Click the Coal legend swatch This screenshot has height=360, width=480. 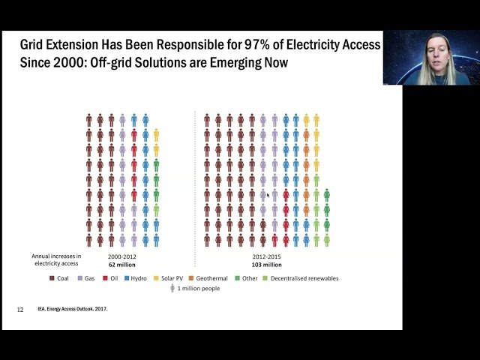tap(52, 278)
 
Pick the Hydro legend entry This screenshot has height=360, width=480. tap(134, 278)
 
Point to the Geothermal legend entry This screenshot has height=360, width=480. tap(208, 278)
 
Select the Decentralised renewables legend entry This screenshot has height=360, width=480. tap(300, 278)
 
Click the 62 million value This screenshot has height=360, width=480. tap(121, 265)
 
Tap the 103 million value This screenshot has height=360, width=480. tap(266, 265)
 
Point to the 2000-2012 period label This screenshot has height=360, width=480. tap(121, 257)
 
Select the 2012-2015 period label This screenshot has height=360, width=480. tap(266, 257)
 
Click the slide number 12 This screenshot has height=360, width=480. tap(20, 309)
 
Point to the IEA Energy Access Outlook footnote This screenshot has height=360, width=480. tap(72, 309)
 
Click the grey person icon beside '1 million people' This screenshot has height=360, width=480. tap(172, 288)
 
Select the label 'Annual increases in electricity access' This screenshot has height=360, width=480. tap(56, 260)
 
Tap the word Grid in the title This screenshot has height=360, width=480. tap(34, 46)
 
